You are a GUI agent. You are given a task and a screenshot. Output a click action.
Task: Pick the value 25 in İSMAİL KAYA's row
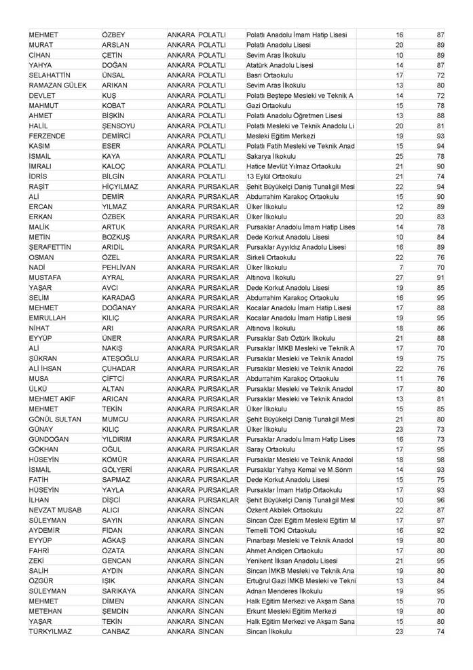399,156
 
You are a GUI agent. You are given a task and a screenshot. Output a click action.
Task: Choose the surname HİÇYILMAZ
120,187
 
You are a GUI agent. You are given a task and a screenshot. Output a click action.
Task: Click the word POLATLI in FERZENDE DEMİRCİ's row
213,136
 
